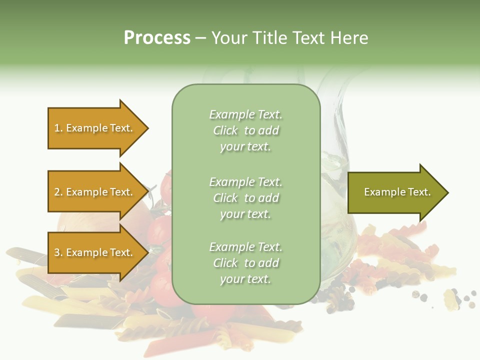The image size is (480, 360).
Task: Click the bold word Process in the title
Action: click(157, 38)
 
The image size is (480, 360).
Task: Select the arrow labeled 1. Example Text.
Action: click(95, 128)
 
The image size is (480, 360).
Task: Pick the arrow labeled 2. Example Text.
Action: click(95, 192)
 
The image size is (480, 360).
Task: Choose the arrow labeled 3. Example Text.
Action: click(95, 252)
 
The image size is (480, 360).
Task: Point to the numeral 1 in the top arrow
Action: click(57, 128)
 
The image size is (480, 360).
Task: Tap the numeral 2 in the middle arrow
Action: click(57, 192)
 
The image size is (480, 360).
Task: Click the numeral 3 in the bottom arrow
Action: click(57, 252)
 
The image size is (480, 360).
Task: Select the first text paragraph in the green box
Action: click(245, 130)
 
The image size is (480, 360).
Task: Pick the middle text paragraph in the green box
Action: click(245, 198)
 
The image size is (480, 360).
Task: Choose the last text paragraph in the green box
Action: click(245, 263)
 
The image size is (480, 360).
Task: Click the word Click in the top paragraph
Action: click(225, 130)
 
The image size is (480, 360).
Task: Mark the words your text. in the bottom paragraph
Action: click(245, 279)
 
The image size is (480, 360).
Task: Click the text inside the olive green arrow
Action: click(397, 192)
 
